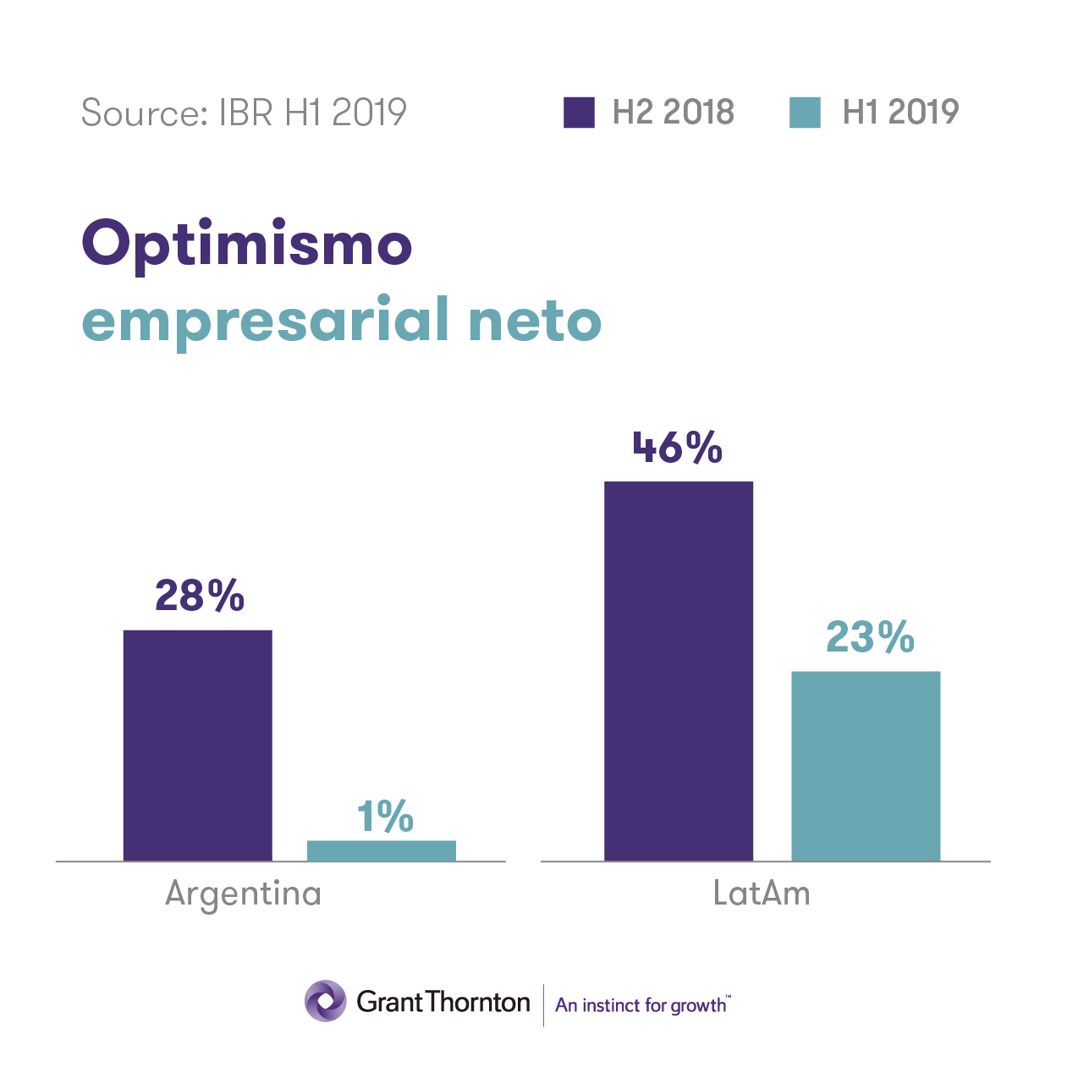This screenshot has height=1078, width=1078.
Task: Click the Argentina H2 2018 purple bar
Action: (197, 745)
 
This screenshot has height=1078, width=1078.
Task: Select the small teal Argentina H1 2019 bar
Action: (381, 850)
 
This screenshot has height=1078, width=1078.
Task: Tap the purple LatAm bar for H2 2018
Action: (678, 671)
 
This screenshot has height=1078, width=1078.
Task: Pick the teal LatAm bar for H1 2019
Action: (865, 766)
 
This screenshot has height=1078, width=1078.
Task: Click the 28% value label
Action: (200, 596)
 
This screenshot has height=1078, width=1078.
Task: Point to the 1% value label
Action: (385, 817)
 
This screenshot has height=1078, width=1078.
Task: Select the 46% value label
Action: (678, 448)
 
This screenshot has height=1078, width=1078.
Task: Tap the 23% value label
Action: (870, 637)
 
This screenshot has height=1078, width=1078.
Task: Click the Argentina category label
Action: (244, 894)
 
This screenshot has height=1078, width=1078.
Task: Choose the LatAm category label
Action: (762, 894)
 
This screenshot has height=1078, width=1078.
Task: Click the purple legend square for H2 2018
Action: (579, 113)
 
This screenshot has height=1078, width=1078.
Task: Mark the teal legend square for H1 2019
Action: (805, 113)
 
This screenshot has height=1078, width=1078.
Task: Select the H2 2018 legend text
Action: (674, 113)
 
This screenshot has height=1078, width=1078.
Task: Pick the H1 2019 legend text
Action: (900, 113)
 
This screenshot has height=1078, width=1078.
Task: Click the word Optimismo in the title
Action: (247, 245)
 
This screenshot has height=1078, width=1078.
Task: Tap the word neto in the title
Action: (535, 322)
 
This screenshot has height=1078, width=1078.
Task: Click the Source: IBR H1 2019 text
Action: (244, 113)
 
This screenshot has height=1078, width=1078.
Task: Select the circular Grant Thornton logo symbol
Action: (326, 1001)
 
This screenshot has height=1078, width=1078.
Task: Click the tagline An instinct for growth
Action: (642, 1004)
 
